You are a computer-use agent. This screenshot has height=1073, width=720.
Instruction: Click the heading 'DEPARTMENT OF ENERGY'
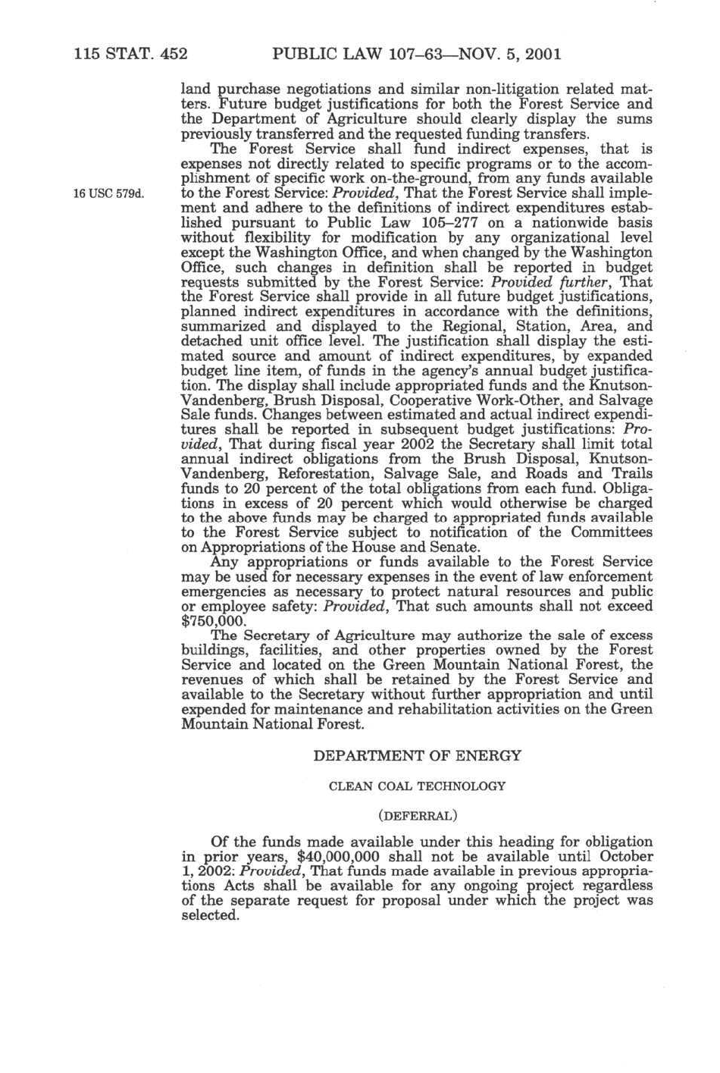pyautogui.click(x=417, y=756)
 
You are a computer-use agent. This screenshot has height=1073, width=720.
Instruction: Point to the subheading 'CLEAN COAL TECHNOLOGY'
pyautogui.click(x=417, y=786)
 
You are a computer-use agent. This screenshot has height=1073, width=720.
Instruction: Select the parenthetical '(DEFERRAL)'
pyautogui.click(x=417, y=816)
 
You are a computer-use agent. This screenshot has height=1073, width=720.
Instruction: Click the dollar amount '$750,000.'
pyautogui.click(x=214, y=620)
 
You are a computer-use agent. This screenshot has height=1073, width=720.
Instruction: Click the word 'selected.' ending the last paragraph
pyautogui.click(x=211, y=915)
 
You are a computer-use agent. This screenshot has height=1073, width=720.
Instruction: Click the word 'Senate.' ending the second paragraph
pyautogui.click(x=453, y=547)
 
